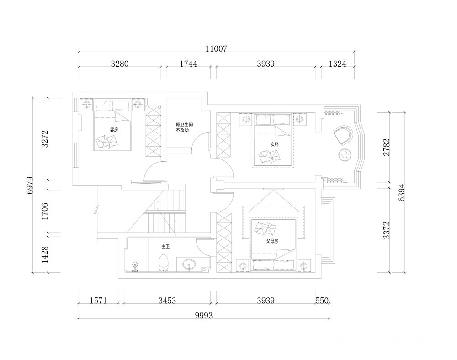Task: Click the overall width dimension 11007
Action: [216, 48]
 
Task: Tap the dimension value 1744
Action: [188, 64]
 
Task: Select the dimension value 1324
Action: [338, 64]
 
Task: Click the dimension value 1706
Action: [45, 211]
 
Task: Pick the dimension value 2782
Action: [387, 147]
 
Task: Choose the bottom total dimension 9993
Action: [204, 315]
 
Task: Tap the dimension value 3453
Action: [167, 300]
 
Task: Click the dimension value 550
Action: [322, 300]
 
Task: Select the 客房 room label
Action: [114, 130]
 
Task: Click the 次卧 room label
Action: [274, 144]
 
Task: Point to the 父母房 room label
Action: [272, 241]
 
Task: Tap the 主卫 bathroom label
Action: [165, 246]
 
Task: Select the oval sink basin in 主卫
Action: [190, 265]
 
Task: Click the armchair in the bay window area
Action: [344, 135]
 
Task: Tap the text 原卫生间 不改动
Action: [184, 127]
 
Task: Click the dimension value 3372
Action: [387, 230]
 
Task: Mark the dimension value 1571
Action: [98, 300]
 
